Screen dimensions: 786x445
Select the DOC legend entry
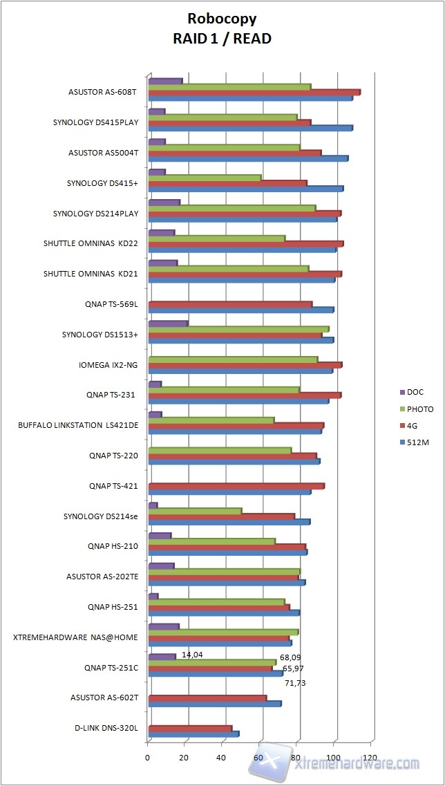point(415,392)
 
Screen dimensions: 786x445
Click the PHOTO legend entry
point(419,409)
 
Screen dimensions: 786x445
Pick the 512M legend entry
point(417,442)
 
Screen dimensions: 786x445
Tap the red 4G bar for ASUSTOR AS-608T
point(254,92)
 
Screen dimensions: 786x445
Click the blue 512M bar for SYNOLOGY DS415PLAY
point(250,128)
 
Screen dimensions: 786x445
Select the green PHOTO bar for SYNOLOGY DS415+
point(205,178)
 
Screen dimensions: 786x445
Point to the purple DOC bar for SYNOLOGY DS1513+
point(168,324)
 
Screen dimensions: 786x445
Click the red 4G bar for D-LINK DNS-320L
point(190,729)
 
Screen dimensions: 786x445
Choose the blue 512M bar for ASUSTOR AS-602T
point(214,704)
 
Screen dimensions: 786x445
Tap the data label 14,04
point(192,654)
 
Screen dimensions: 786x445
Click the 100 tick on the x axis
point(334,757)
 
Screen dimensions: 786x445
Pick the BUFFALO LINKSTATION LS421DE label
point(78,425)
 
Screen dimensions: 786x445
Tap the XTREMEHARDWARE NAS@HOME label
point(76,637)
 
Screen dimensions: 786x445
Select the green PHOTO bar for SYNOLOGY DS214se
point(195,511)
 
